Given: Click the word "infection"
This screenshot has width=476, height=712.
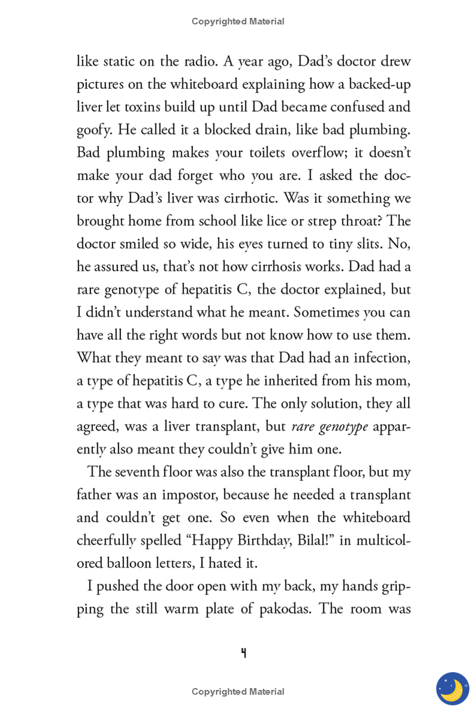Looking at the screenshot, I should tap(381, 358).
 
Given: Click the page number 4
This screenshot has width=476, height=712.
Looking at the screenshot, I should tap(243, 653).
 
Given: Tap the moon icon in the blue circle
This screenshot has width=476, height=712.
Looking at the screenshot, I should tap(453, 689).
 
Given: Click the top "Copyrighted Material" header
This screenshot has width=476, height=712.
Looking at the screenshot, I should tap(238, 21).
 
